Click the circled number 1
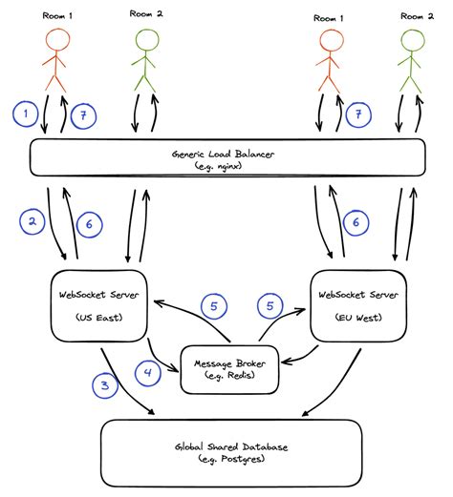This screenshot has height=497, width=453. click(26, 114)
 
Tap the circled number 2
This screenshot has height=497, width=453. click(32, 221)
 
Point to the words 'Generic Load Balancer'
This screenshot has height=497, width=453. click(227, 152)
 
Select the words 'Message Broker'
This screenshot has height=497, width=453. click(229, 362)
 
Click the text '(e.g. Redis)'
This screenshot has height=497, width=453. click(229, 376)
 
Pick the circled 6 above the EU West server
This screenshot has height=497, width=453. click(356, 221)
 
